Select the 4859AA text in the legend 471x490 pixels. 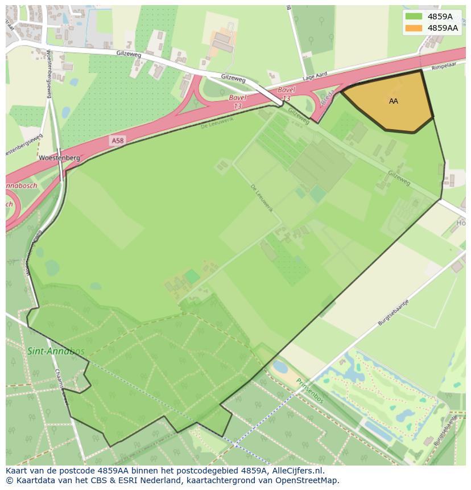(443, 27)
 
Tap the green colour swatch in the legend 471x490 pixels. (414, 16)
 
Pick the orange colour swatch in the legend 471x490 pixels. (414, 27)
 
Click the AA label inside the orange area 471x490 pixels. (393, 101)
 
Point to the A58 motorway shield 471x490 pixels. (117, 141)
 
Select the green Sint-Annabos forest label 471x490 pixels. (55, 351)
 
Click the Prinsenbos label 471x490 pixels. (309, 392)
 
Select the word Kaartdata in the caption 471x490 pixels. (34, 480)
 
